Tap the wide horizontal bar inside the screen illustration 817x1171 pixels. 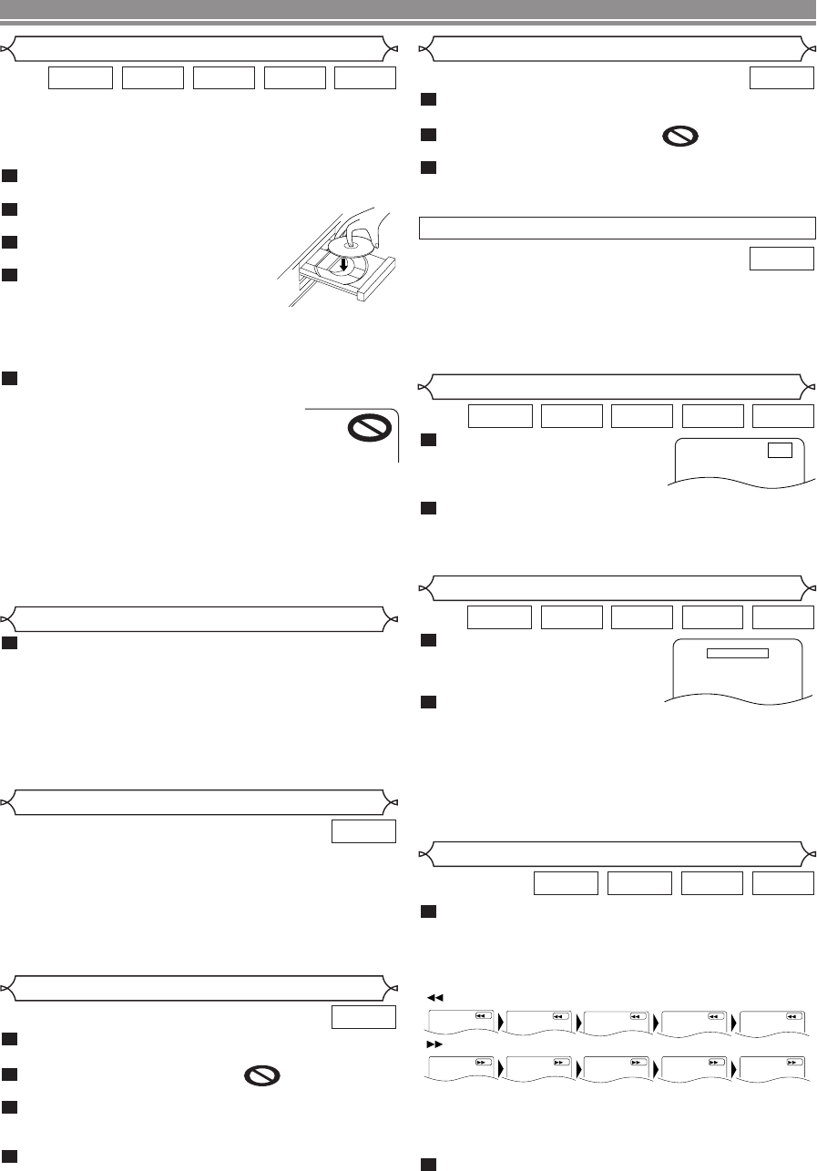(x=738, y=652)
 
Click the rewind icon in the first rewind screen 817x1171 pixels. (x=484, y=1016)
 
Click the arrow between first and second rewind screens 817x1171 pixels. (x=502, y=1019)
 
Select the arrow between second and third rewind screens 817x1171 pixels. (x=580, y=1019)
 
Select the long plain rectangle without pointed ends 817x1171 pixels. (x=617, y=227)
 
